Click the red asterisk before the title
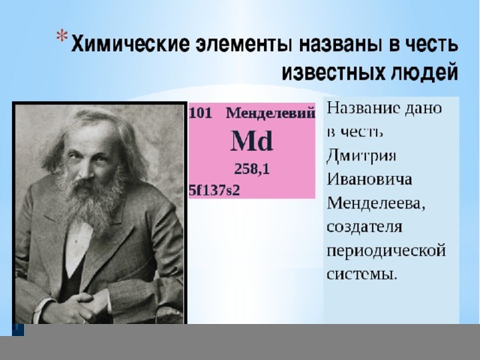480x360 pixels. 61,36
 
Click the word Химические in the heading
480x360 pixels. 130,43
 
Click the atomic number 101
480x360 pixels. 200,113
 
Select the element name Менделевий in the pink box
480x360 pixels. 270,113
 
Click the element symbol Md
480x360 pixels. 251,141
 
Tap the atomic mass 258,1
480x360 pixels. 252,169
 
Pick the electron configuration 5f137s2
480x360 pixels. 214,190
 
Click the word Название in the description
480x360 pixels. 363,108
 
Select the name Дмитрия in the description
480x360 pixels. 361,156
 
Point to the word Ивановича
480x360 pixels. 369,179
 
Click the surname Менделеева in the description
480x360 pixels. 376,203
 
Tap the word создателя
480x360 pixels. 364,226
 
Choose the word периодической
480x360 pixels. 386,251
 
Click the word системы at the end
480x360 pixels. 361,274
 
